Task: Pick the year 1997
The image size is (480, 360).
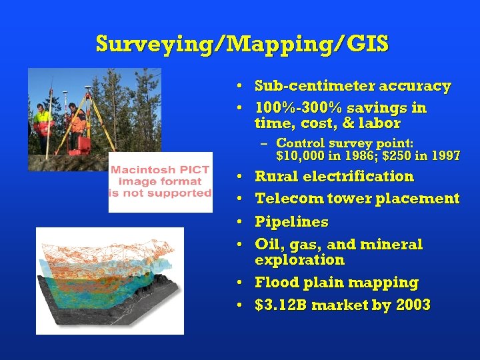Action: coord(445,156)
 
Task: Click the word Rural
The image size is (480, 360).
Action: coord(277,177)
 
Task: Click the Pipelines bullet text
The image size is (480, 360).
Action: coord(291,221)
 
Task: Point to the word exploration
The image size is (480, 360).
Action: coord(299,260)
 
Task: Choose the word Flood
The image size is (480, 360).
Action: coord(275,283)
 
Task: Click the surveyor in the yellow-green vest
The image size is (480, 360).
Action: coord(43,123)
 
